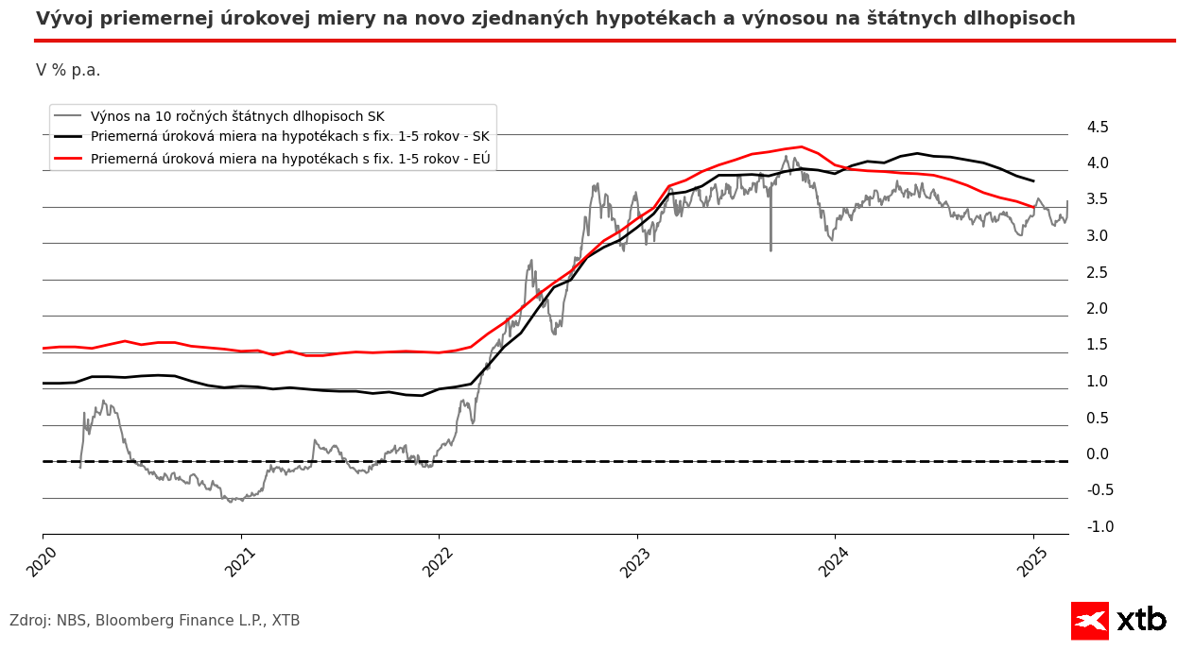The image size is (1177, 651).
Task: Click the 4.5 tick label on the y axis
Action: [x=1098, y=128]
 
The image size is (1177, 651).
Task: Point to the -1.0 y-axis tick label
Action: [x=1099, y=527]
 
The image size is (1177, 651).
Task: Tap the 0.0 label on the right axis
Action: [x=1098, y=454]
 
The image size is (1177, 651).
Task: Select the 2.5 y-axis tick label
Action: [x=1098, y=273]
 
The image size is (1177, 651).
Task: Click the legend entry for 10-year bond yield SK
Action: [x=237, y=116]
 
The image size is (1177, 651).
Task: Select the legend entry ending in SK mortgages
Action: [x=289, y=137]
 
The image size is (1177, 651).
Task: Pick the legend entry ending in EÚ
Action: [x=290, y=158]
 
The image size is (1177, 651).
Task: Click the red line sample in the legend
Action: [x=68, y=158]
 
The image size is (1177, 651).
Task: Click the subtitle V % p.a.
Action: [x=68, y=71]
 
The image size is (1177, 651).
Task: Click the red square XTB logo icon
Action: [x=1089, y=621]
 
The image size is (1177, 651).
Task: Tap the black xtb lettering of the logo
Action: [x=1141, y=620]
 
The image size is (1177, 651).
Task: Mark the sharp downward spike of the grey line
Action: [x=770, y=248]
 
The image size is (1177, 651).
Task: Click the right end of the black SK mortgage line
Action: [x=1033, y=180]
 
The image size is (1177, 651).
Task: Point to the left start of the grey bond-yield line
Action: [x=80, y=466]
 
